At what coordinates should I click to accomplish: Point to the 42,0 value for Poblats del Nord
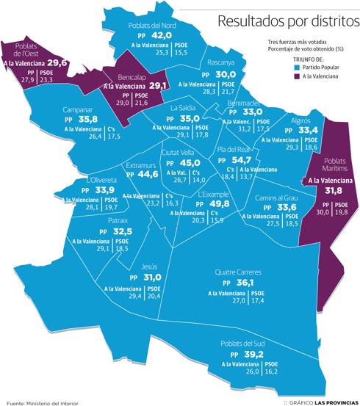pyautogui.click(x=161, y=35)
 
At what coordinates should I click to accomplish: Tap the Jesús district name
pyautogui.click(x=148, y=267)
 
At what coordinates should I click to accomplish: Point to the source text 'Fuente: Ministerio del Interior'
pyautogui.click(x=42, y=402)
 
